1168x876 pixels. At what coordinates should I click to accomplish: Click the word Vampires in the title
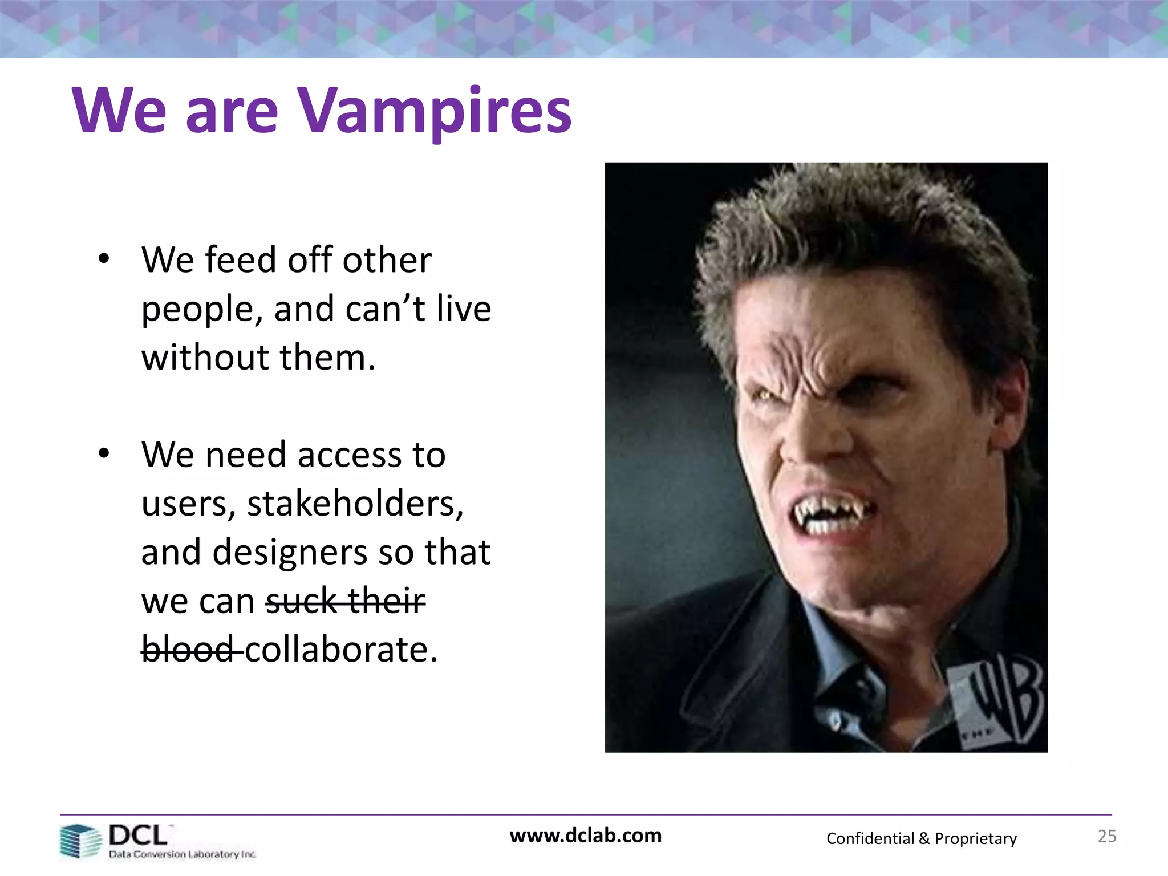(435, 111)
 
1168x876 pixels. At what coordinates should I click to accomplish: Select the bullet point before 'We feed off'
(103, 259)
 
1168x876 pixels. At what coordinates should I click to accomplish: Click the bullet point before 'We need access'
(103, 454)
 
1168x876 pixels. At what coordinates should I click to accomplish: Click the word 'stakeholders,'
(355, 504)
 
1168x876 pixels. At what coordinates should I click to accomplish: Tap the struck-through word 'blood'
(188, 650)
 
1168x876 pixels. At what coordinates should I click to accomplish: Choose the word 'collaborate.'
(341, 650)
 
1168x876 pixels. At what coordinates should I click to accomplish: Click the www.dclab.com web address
(585, 836)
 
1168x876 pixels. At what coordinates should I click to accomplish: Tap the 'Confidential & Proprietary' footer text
(921, 838)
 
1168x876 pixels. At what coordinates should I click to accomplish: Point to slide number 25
(1106, 836)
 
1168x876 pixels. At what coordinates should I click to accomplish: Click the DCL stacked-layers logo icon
(80, 841)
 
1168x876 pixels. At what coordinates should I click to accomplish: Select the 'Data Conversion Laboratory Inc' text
(182, 854)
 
